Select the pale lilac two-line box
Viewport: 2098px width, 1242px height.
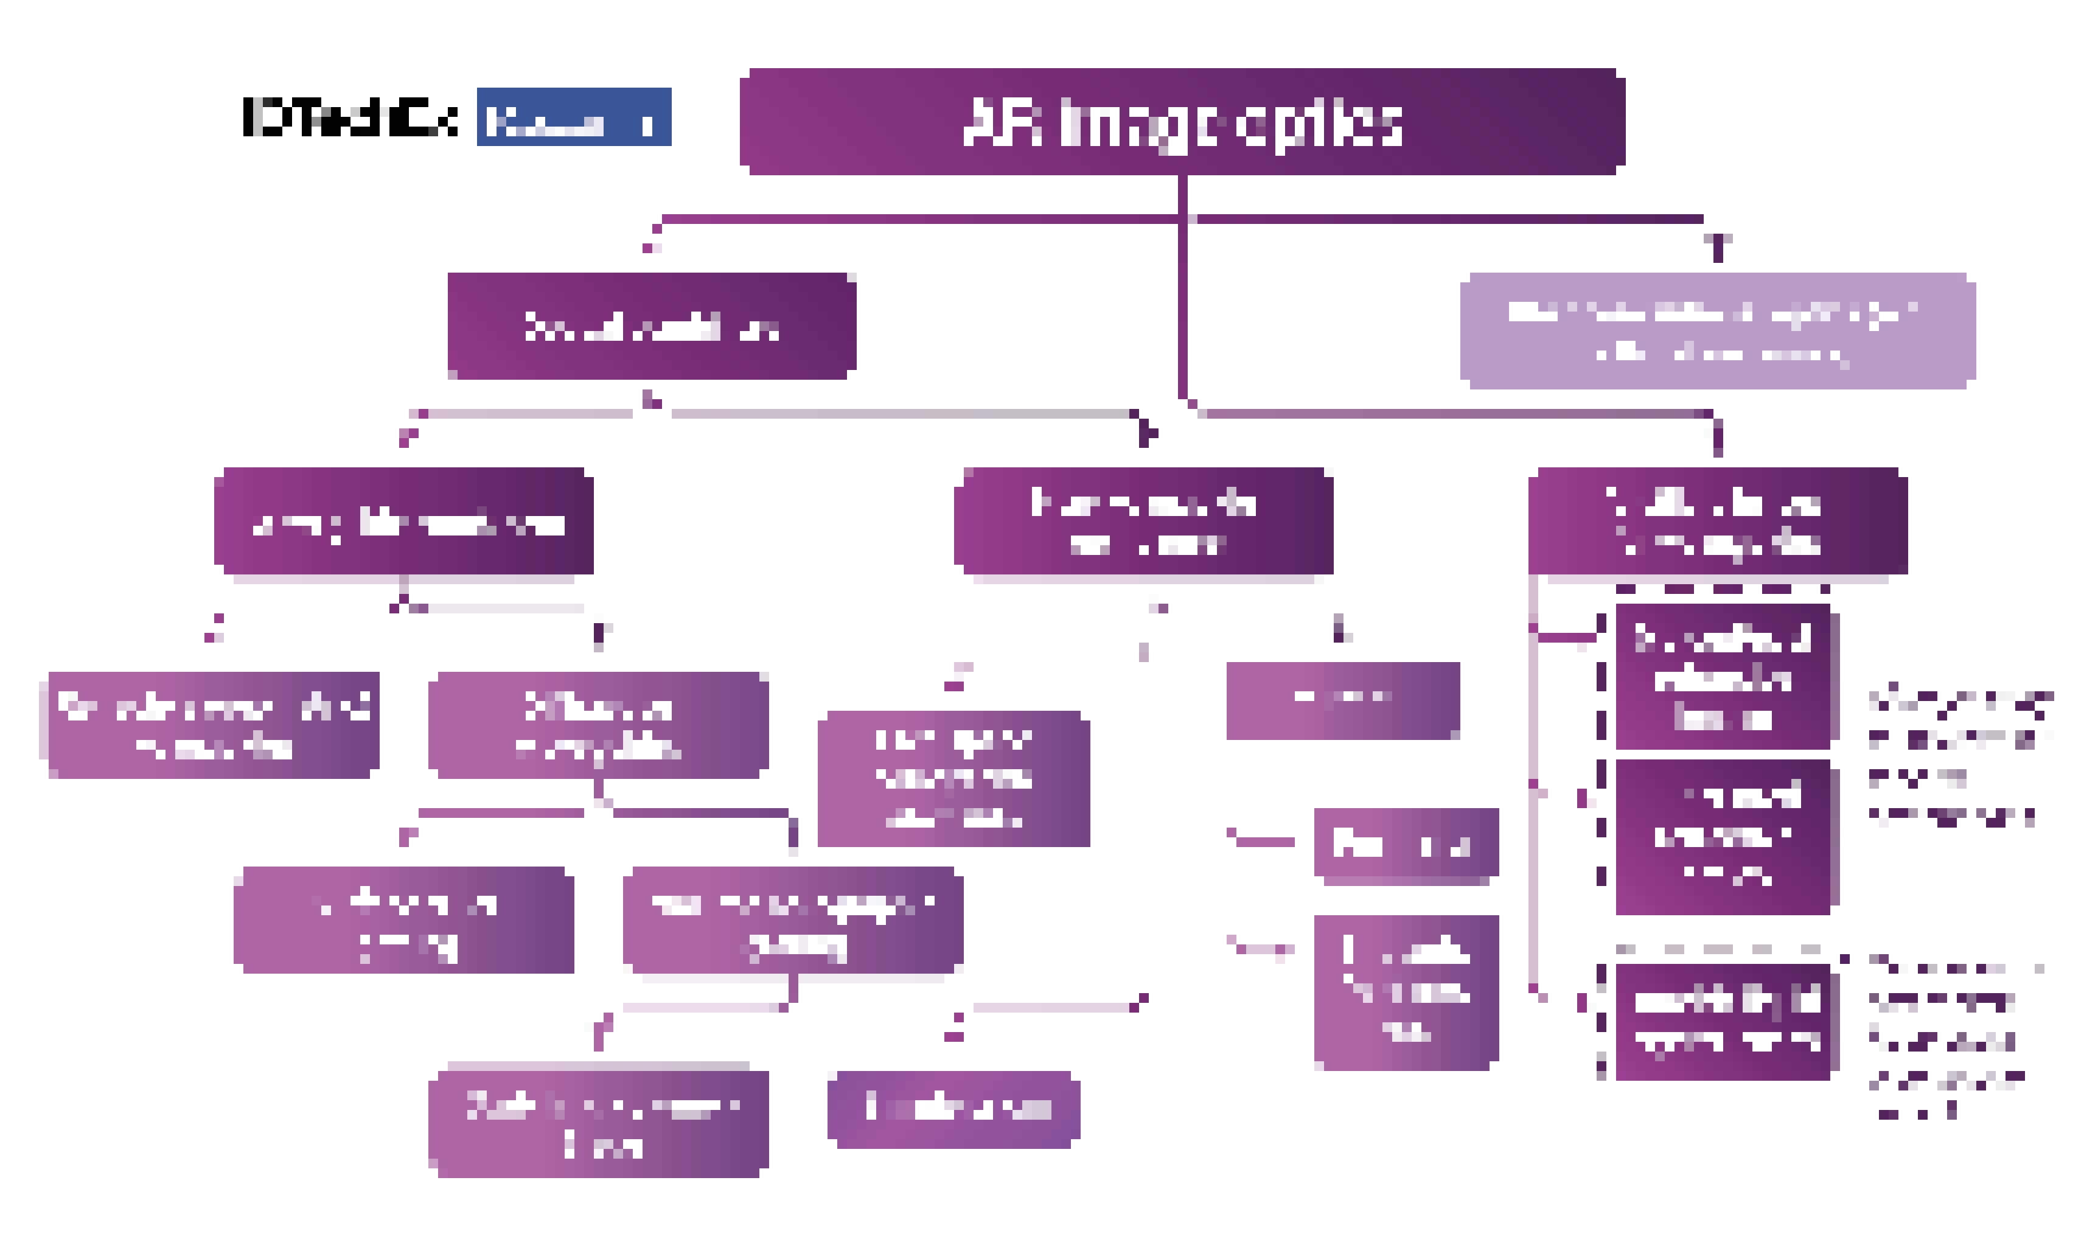(1716, 330)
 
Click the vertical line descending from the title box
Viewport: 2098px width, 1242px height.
(1182, 285)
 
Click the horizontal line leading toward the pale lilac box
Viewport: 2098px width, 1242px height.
(1448, 219)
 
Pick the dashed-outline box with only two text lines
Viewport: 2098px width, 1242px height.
(1721, 1022)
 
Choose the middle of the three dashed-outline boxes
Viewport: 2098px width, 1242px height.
(1721, 837)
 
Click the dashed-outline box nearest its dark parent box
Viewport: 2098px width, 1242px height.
(1721, 676)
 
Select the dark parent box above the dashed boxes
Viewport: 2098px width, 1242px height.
(1716, 520)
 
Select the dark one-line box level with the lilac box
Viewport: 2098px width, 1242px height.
(651, 326)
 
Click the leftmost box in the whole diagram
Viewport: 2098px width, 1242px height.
(214, 725)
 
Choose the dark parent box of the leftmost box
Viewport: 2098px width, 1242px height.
(403, 520)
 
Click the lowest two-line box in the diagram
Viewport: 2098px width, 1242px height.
(598, 1123)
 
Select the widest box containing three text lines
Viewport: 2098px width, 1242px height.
(953, 778)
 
